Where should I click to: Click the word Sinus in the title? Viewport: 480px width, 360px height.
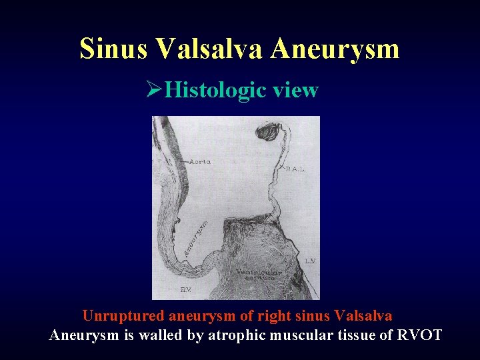tap(113, 49)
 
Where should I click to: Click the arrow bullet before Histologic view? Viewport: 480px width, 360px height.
tap(155, 90)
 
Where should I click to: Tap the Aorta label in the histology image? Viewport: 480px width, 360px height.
tap(201, 161)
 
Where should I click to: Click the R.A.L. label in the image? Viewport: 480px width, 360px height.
tap(295, 169)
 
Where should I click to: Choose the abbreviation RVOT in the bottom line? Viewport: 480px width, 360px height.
tap(420, 335)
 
